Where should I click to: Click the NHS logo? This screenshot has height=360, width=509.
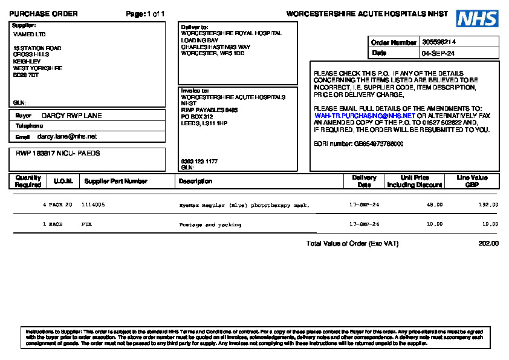[x=477, y=19]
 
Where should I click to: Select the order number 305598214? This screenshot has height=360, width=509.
[x=439, y=42]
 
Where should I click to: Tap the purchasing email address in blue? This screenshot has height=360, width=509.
[x=365, y=116]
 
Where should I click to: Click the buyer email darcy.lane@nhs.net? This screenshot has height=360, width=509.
[x=67, y=137]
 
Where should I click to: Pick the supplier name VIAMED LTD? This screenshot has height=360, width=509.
[x=29, y=34]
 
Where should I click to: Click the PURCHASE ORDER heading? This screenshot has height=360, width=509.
[x=44, y=14]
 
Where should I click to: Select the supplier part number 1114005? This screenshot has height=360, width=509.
[x=93, y=205]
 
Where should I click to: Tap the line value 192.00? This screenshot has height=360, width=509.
[x=488, y=205]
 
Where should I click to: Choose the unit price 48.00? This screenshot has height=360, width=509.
[x=435, y=205]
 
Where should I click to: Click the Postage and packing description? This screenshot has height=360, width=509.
[x=210, y=224]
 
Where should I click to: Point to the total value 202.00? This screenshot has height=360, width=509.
[x=488, y=244]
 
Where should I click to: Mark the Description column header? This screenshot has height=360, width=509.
[x=195, y=182]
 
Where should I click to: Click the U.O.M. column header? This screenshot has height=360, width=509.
[x=63, y=182]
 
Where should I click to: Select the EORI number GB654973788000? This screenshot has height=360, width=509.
[x=378, y=144]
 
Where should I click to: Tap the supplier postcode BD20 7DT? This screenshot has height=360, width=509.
[x=26, y=75]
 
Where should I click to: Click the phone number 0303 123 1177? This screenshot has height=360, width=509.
[x=199, y=162]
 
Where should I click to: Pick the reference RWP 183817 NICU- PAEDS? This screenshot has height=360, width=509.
[x=58, y=154]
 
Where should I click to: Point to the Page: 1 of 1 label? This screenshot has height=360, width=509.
[x=145, y=14]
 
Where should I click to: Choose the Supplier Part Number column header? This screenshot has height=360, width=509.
[x=115, y=182]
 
